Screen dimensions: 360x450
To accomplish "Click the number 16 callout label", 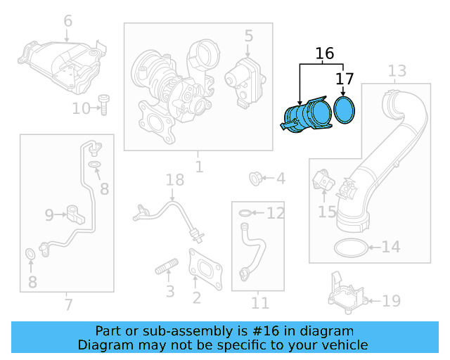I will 324,53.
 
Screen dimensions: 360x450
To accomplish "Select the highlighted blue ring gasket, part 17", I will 345,110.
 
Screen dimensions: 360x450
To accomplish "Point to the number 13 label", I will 397,70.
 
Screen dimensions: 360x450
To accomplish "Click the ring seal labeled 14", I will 349,247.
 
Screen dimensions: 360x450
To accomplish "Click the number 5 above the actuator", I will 248,35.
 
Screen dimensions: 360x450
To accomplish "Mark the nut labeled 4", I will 257,179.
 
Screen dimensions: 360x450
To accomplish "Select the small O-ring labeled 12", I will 244,213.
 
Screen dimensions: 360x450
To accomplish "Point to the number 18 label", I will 174,181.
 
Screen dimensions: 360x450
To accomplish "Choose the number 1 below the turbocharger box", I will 198,167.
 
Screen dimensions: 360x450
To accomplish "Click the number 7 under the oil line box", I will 67,304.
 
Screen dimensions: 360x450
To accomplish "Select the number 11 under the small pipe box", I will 260,303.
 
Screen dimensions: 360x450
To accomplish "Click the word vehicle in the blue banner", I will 340,345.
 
